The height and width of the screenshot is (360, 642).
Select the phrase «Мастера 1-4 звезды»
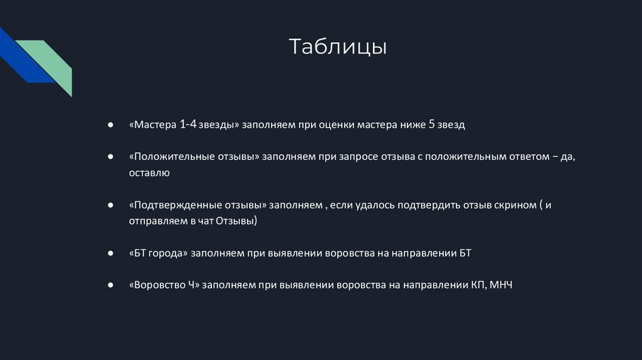click(x=185, y=125)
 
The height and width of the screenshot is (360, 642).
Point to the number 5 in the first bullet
click(x=431, y=125)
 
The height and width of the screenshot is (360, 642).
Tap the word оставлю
click(x=149, y=172)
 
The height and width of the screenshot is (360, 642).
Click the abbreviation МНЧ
click(x=502, y=285)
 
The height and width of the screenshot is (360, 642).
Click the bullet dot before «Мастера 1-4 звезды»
click(x=110, y=125)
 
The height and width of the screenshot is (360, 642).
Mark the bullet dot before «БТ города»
click(x=110, y=254)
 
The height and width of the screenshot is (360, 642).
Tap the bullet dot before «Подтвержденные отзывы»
click(x=110, y=206)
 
